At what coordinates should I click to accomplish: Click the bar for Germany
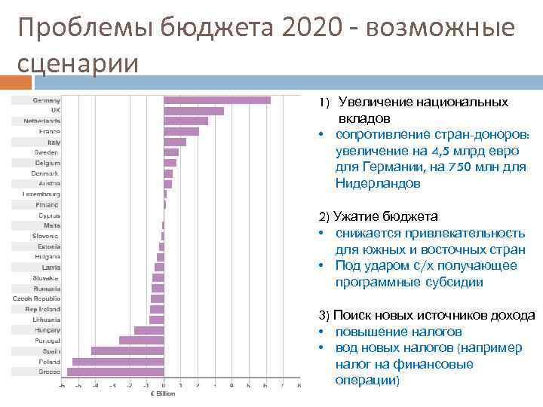pyautogui.click(x=217, y=100)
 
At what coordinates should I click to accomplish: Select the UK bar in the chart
pyautogui.click(x=194, y=111)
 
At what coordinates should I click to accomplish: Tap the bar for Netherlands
pyautogui.click(x=186, y=121)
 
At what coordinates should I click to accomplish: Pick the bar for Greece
pyautogui.click(x=115, y=372)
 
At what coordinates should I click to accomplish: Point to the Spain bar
pyautogui.click(x=127, y=350)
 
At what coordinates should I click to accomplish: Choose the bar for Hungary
pyautogui.click(x=149, y=330)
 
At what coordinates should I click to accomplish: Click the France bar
pyautogui.click(x=181, y=131)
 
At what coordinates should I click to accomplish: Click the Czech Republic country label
pyautogui.click(x=37, y=298)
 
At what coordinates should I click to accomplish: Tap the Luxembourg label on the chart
pyautogui.click(x=41, y=194)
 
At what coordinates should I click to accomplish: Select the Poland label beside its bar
pyautogui.click(x=50, y=361)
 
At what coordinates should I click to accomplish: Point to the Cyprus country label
pyautogui.click(x=50, y=215)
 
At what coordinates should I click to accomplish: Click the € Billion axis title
pyautogui.click(x=163, y=393)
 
